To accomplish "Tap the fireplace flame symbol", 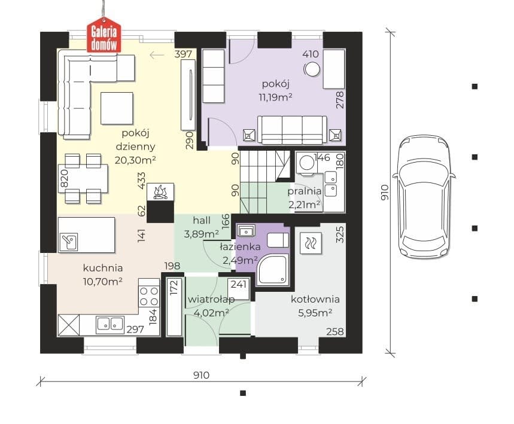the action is coord(160,192).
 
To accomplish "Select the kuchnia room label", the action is coord(103,268).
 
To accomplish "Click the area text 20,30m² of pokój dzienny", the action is coord(135,160).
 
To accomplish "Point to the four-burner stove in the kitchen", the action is coord(149,296).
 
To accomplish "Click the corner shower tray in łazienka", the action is coord(273,269).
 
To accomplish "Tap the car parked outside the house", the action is coord(424,196).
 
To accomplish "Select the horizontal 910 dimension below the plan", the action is coord(201,375).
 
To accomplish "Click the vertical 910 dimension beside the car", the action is coord(385,193).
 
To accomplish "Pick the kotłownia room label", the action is coord(315,299).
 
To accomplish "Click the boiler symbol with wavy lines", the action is coord(311,243).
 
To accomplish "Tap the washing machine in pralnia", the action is coord(307,163).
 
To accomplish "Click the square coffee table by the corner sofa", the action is coord(117,108).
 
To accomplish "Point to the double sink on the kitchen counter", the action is coord(110,324).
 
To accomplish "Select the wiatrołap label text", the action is coord(211,299).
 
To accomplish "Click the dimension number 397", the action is coord(183,54).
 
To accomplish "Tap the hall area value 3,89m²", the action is coord(201,234).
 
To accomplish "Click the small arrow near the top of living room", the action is coord(157,55).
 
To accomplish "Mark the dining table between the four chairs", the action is coord(83,178).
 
